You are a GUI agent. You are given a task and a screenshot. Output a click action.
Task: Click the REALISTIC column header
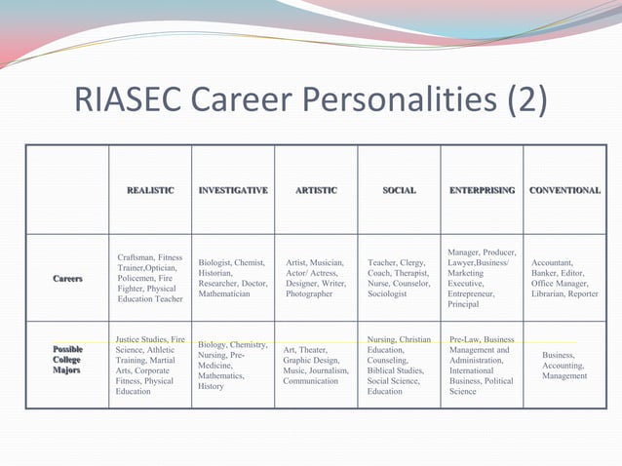coord(150,190)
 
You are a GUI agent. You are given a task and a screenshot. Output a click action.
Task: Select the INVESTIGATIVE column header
coord(233,190)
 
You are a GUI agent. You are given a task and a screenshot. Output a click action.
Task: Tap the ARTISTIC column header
coord(316,190)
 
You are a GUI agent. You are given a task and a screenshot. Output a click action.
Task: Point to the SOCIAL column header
coord(399,190)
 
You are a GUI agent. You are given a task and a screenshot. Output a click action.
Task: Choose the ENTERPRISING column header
coord(482,190)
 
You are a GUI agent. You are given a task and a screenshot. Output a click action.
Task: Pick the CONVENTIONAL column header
coord(564,190)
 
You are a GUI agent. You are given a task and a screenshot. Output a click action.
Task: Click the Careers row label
coord(68,279)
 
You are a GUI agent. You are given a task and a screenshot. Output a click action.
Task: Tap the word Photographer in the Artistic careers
coord(309,293)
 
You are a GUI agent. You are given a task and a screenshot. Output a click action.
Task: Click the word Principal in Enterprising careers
coord(463,305)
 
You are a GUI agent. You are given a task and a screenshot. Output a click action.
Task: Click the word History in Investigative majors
coord(212,387)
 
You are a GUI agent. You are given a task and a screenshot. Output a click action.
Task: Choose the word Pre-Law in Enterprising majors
coord(466,339)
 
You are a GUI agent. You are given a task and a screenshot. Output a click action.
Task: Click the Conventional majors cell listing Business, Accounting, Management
coord(564,366)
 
